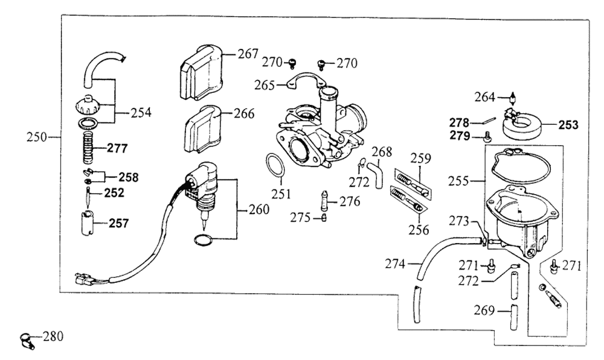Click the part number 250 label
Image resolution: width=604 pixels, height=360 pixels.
click(37, 137)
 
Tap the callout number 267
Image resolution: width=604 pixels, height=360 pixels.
click(247, 54)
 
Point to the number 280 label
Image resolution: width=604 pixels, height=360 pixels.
click(53, 335)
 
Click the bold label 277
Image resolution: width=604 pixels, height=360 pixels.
click(118, 148)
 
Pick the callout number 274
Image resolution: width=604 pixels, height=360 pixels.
click(397, 263)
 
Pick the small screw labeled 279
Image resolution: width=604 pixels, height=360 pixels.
click(487, 137)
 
